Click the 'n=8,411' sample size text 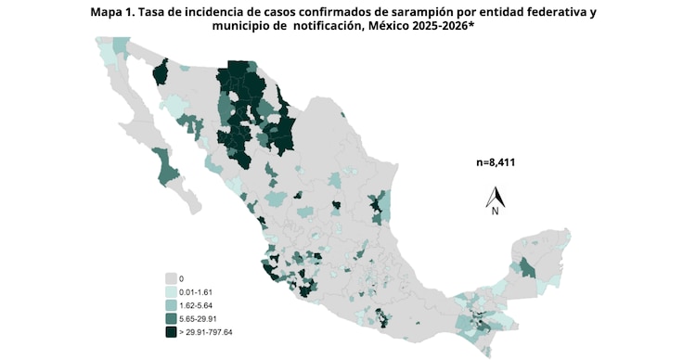coord(496,162)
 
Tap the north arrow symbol coord(496,197)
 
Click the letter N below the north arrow coord(496,212)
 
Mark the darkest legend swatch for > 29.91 coord(171,331)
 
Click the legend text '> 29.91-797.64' coord(209,331)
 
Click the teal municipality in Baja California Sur coord(167,167)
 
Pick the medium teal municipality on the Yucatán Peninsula coord(527,268)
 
